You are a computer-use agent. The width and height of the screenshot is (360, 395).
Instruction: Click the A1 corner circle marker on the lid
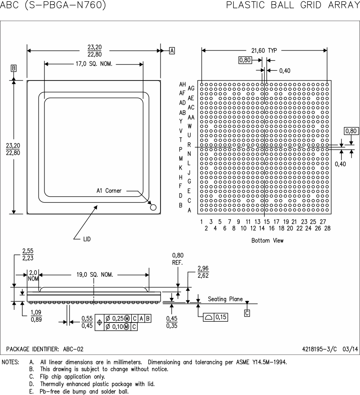pyautogui.click(x=153, y=207)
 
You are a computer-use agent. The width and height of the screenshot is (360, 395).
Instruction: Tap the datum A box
pyautogui.click(x=172, y=50)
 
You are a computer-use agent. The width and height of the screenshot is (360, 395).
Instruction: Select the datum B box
pyautogui.click(x=14, y=68)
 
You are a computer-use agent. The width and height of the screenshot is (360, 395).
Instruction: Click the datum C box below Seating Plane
pyautogui.click(x=247, y=313)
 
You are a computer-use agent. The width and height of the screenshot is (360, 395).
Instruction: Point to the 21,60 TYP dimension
pyautogui.click(x=264, y=50)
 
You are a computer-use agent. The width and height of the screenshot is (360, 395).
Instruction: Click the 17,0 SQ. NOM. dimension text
pyautogui.click(x=94, y=64)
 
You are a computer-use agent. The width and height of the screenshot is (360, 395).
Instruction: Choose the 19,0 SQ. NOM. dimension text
pyautogui.click(x=94, y=275)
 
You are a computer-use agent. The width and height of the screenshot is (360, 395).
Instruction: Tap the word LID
pyautogui.click(x=87, y=239)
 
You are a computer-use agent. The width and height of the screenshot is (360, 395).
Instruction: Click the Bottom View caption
pyautogui.click(x=267, y=241)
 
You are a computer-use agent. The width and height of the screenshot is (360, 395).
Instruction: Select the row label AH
pyautogui.click(x=183, y=84)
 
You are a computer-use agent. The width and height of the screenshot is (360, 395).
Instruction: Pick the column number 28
pyautogui.click(x=327, y=228)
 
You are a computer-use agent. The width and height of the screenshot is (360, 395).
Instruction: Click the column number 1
pyautogui.click(x=202, y=222)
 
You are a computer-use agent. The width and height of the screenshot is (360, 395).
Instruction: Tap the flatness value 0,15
pyautogui.click(x=221, y=317)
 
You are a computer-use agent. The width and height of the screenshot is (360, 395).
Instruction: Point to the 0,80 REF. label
pyautogui.click(x=178, y=259)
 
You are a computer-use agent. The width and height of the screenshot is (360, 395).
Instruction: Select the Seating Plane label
pyautogui.click(x=225, y=299)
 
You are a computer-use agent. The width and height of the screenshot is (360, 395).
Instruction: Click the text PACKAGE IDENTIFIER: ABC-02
pyautogui.click(x=44, y=349)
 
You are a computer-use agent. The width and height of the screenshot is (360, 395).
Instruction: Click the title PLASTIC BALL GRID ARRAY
pyautogui.click(x=293, y=5)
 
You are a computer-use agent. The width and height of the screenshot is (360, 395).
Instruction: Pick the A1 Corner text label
pyautogui.click(x=109, y=191)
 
